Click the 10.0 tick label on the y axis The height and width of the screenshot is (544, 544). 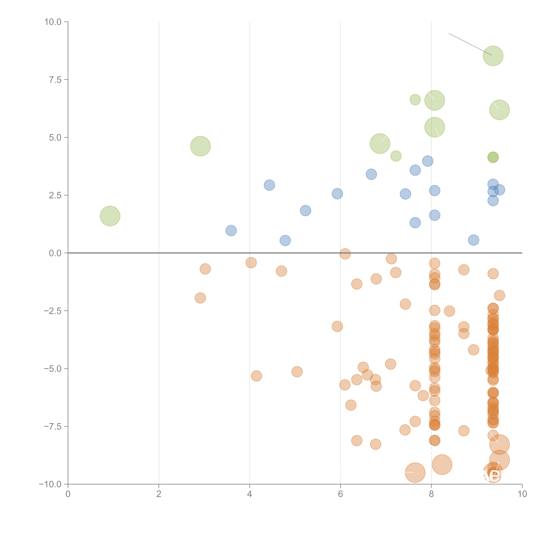[53, 22]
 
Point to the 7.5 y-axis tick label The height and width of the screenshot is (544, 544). [55, 80]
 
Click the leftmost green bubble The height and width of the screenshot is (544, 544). [110, 216]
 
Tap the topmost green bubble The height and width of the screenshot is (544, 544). [493, 56]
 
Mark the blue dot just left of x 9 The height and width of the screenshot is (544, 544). [474, 240]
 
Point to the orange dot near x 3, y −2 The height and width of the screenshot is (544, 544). [200, 298]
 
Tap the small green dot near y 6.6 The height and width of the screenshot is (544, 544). [415, 99]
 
